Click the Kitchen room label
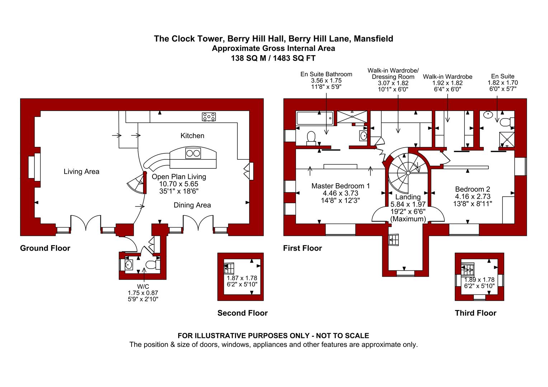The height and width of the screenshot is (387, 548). [x=192, y=136]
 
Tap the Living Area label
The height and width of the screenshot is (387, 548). [x=81, y=172]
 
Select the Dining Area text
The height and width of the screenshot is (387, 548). [x=192, y=205]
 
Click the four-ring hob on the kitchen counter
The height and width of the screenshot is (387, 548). [x=209, y=116]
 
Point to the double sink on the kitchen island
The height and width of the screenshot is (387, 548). [x=193, y=153]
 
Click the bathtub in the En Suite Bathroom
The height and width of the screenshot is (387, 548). [x=315, y=118]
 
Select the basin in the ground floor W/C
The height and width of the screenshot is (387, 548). [x=129, y=264]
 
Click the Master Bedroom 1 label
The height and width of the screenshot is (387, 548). [x=341, y=186]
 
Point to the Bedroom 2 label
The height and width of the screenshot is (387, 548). [x=473, y=189]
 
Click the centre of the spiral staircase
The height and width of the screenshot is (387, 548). [x=408, y=173]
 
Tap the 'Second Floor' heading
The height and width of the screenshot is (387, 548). [x=242, y=313]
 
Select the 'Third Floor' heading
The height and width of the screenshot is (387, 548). [x=476, y=313]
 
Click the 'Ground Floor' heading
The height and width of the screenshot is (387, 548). [x=45, y=248]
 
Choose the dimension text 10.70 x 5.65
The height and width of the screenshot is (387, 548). [x=179, y=184]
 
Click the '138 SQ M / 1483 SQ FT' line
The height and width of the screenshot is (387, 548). [x=273, y=58]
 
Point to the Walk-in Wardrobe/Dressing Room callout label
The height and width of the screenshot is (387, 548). [x=393, y=73]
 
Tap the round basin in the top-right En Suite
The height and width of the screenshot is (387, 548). [x=488, y=114]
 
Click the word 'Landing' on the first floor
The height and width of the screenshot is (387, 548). [x=408, y=197]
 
